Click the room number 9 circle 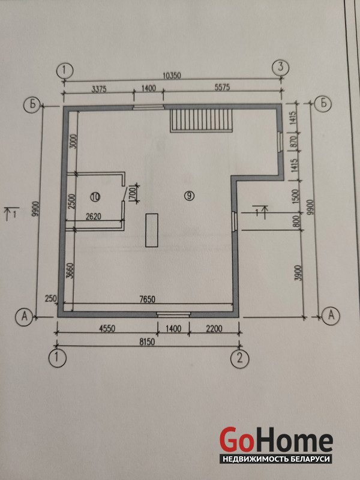tap(190, 196)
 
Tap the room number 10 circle tap(95, 197)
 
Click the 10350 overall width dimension tap(173, 76)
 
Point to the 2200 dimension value tap(214, 329)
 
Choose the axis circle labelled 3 tap(281, 67)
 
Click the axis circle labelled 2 tap(240, 358)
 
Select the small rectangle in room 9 tap(152, 230)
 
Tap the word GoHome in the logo tap(276, 439)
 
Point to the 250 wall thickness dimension tap(50, 298)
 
